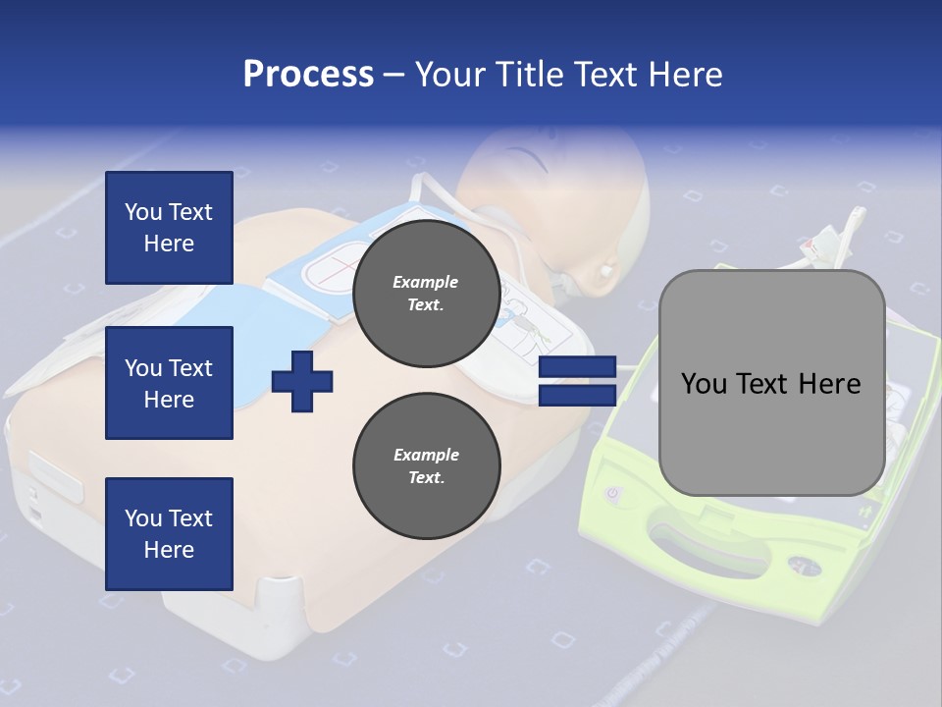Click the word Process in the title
click(308, 75)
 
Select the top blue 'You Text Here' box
click(169, 228)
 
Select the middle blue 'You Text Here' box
click(169, 383)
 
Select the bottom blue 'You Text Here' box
click(169, 533)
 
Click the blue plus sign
click(302, 382)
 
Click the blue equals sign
click(577, 382)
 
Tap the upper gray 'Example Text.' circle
click(426, 293)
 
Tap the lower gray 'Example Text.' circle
click(426, 465)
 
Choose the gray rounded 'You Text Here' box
click(771, 383)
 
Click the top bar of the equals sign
click(577, 367)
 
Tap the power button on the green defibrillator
click(615, 494)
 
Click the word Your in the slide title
click(453, 75)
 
